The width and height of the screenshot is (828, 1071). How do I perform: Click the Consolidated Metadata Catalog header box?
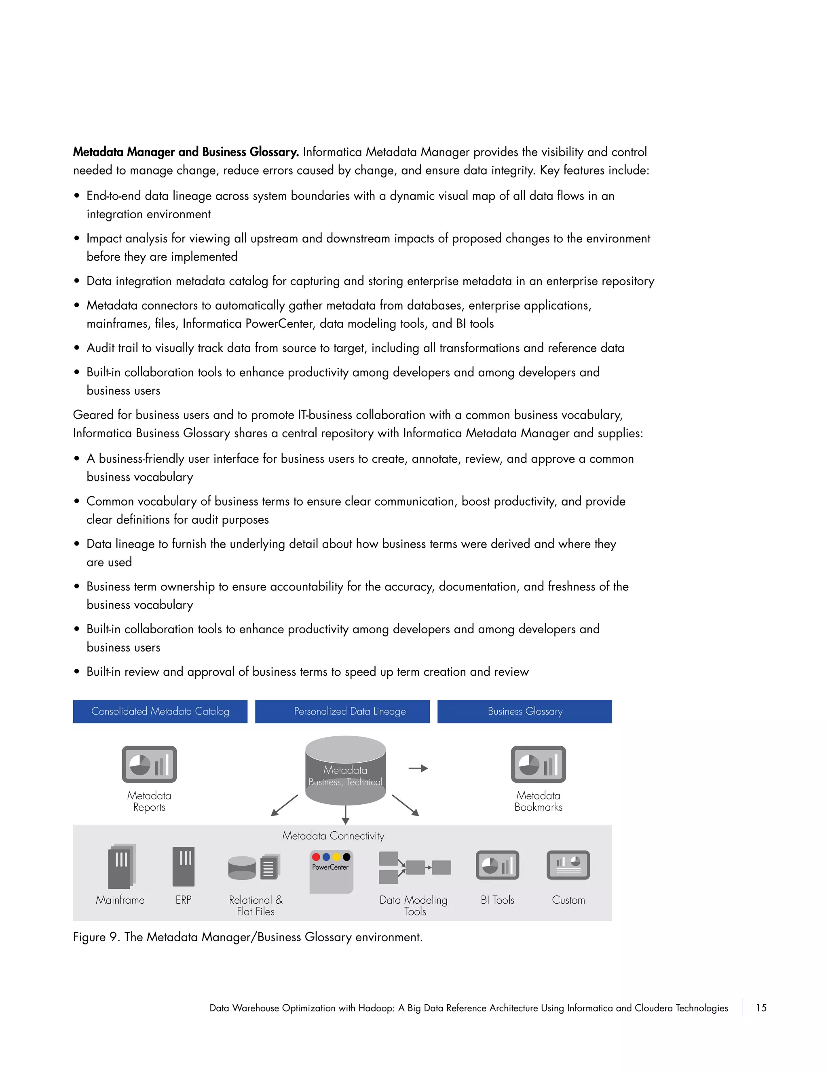(160, 711)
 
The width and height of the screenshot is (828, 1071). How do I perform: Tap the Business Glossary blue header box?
(524, 711)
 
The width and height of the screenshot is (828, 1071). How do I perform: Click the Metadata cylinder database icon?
(345, 770)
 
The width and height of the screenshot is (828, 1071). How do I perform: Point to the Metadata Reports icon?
(149, 764)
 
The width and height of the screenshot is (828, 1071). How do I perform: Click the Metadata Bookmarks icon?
(538, 764)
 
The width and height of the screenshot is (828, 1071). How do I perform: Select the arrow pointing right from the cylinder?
(418, 768)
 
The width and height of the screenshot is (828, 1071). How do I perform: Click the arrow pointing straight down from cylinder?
(345, 814)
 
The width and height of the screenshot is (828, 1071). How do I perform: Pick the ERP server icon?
(184, 866)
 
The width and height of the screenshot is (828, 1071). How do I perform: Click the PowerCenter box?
(331, 872)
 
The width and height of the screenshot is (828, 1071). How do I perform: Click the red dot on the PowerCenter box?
(316, 857)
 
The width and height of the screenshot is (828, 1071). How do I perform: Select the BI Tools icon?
(497, 865)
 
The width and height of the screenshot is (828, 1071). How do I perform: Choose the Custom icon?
(568, 865)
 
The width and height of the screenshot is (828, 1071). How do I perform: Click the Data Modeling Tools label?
(414, 905)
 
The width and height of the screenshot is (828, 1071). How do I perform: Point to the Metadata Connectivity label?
(333, 836)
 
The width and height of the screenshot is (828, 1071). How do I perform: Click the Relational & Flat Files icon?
(254, 867)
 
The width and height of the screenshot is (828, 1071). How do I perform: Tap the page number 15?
(761, 1008)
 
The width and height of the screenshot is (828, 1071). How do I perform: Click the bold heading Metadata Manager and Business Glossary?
(186, 152)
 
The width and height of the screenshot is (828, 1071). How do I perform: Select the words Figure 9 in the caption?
(96, 937)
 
